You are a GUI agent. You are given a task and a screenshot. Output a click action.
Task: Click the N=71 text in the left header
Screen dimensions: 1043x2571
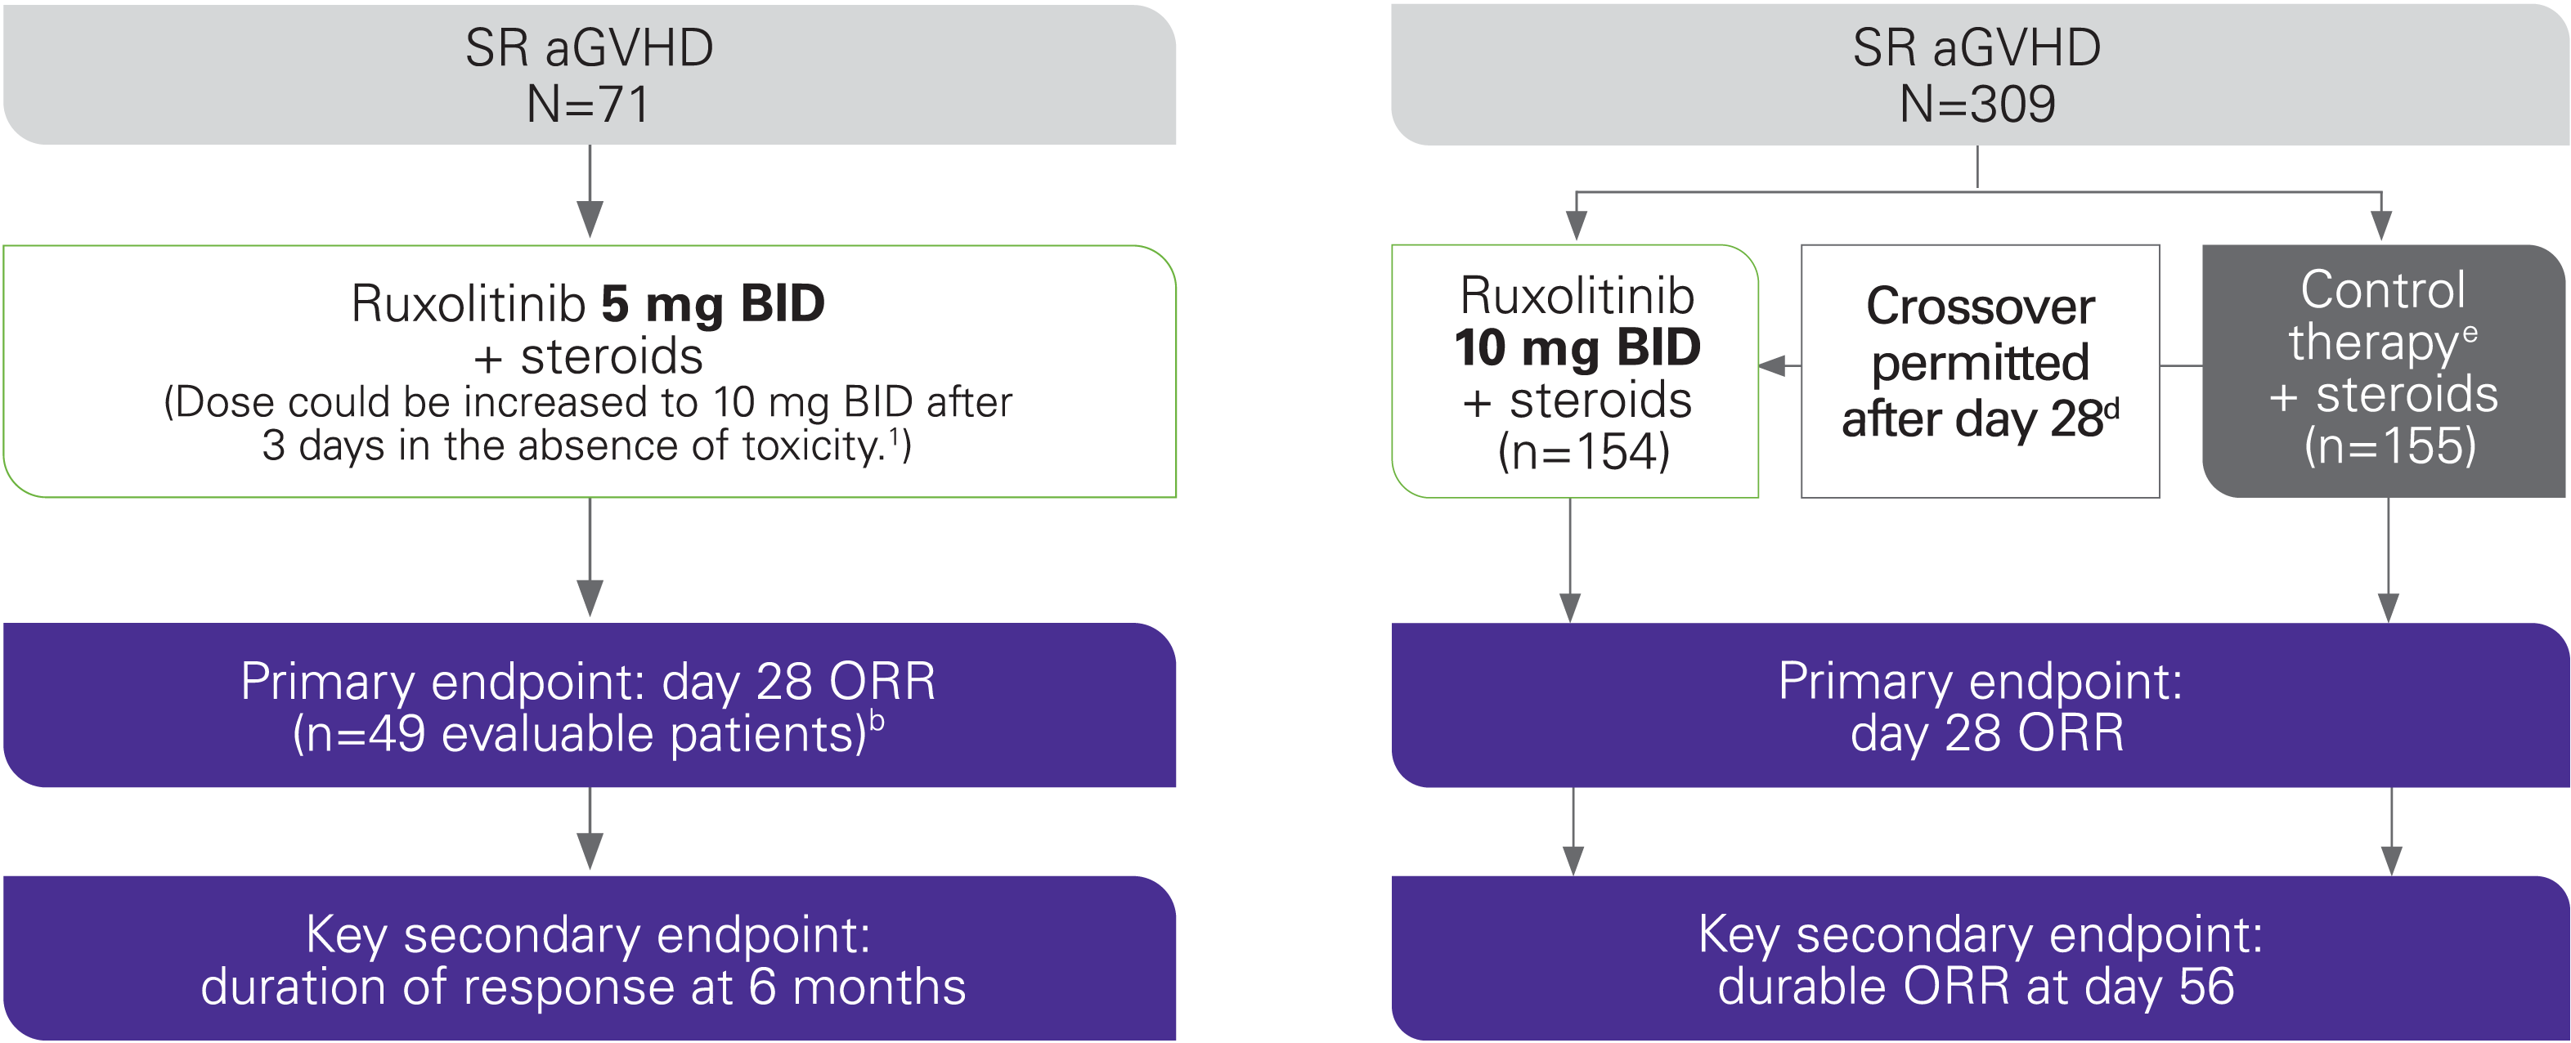click(x=588, y=105)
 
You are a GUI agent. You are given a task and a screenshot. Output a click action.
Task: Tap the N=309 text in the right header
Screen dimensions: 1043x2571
click(x=1976, y=105)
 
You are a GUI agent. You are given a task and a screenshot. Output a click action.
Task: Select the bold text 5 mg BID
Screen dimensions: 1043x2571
click(x=712, y=303)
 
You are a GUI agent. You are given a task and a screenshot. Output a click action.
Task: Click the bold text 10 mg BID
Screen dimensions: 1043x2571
click(x=1577, y=347)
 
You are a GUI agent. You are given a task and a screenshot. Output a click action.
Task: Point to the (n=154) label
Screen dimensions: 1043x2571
click(x=1584, y=451)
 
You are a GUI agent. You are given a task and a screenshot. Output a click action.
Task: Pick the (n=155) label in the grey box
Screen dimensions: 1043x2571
click(x=2389, y=445)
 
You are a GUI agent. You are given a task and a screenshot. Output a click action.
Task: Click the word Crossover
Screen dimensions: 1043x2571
click(x=1980, y=306)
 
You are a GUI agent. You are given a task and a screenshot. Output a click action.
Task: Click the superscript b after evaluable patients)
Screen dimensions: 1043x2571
click(x=877, y=719)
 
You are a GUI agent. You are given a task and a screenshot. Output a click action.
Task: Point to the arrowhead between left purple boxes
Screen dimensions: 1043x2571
click(x=590, y=850)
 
